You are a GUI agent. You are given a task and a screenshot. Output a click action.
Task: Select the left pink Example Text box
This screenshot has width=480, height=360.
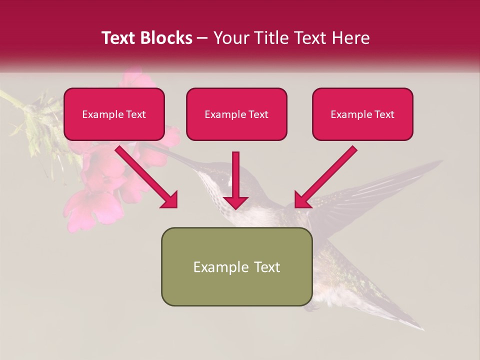pos(114,114)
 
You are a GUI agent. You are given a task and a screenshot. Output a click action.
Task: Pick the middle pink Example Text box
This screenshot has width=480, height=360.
pos(236,114)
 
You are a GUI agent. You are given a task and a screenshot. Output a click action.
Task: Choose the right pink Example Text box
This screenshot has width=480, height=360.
pos(362,114)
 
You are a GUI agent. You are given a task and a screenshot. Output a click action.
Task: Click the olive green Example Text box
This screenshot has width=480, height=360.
pos(236,266)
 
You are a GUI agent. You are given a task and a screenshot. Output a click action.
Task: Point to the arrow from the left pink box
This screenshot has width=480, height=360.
pos(147,177)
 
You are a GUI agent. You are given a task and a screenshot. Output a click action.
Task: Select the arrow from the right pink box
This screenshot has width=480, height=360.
pos(325,177)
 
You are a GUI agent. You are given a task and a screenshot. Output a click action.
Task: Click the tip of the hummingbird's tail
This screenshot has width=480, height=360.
pos(420,327)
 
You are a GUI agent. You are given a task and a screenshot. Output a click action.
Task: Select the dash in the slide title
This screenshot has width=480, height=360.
pos(202,38)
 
